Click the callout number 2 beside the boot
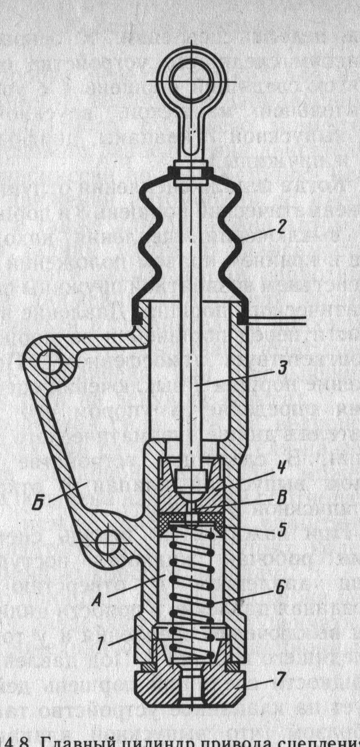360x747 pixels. pyautogui.click(x=282, y=229)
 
